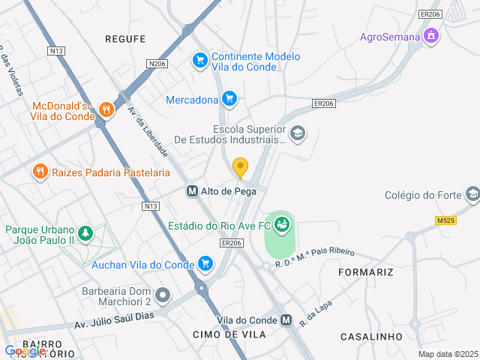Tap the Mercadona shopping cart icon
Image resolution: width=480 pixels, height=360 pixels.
[229, 98]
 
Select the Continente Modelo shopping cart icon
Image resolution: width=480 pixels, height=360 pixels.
[199, 60]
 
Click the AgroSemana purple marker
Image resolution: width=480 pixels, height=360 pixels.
[431, 35]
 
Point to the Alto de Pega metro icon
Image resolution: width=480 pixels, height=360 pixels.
[192, 191]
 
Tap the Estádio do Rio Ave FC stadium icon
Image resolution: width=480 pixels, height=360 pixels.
[282, 224]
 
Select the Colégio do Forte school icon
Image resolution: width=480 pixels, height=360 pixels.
[472, 195]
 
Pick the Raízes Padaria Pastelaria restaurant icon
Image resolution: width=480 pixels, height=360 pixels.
[40, 172]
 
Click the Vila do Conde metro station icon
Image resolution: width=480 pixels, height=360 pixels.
[286, 320]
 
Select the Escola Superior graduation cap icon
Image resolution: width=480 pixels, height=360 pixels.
[298, 133]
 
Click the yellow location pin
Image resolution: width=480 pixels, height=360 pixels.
[240, 167]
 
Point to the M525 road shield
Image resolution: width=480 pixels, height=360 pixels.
[445, 220]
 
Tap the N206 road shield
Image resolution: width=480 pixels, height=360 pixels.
[157, 64]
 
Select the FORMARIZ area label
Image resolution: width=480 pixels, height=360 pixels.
[365, 271]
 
